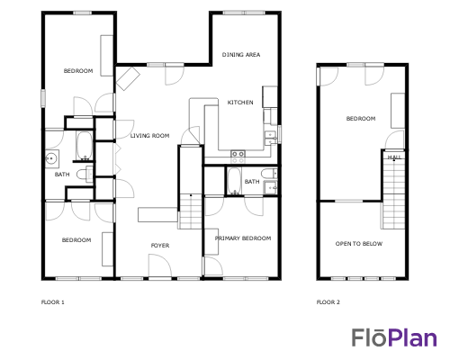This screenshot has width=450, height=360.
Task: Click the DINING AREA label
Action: click(241, 55)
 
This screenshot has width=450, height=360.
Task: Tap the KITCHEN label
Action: click(239, 103)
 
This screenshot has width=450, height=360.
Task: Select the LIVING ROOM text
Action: click(149, 136)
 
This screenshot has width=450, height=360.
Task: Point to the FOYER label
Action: click(159, 245)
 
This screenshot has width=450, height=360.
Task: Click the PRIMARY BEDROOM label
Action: click(243, 238)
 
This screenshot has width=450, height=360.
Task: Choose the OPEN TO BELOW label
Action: click(358, 244)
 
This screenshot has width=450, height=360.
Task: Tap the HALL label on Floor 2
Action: click(393, 157)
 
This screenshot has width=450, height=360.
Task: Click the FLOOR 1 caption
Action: click(53, 301)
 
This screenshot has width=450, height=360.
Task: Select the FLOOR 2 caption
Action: click(328, 301)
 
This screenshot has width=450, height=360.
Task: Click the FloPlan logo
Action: click(394, 337)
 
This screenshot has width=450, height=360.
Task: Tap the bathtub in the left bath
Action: click(82, 146)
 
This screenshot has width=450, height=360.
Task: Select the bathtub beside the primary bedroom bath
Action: click(235, 181)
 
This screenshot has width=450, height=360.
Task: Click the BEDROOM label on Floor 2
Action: click(361, 119)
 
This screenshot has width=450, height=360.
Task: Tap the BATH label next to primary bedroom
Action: click(252, 182)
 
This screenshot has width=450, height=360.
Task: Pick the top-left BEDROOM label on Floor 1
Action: click(77, 71)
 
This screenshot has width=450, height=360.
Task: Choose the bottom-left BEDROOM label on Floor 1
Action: click(76, 239)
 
